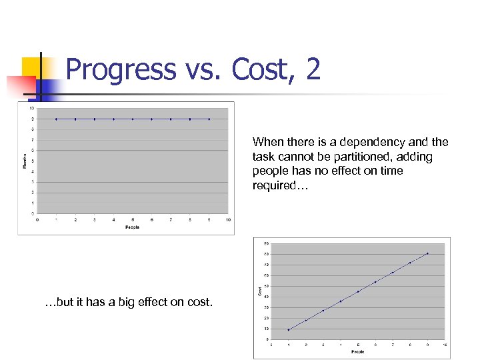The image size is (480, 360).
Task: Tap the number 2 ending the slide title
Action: tap(313, 69)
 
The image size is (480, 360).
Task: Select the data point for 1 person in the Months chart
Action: tap(56, 119)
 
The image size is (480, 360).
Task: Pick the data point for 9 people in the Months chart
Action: tap(209, 119)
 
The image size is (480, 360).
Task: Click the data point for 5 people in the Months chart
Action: tap(133, 119)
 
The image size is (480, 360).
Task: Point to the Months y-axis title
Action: tap(25, 161)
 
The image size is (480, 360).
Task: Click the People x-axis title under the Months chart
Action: tap(133, 227)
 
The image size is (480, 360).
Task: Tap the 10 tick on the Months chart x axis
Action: tap(228, 219)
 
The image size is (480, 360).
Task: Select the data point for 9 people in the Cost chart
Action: tap(427, 253)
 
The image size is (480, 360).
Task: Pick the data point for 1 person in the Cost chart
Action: tap(288, 329)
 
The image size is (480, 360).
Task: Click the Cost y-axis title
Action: tap(259, 291)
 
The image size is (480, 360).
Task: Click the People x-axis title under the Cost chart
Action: tap(357, 351)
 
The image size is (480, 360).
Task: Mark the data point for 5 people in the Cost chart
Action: tap(358, 291)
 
